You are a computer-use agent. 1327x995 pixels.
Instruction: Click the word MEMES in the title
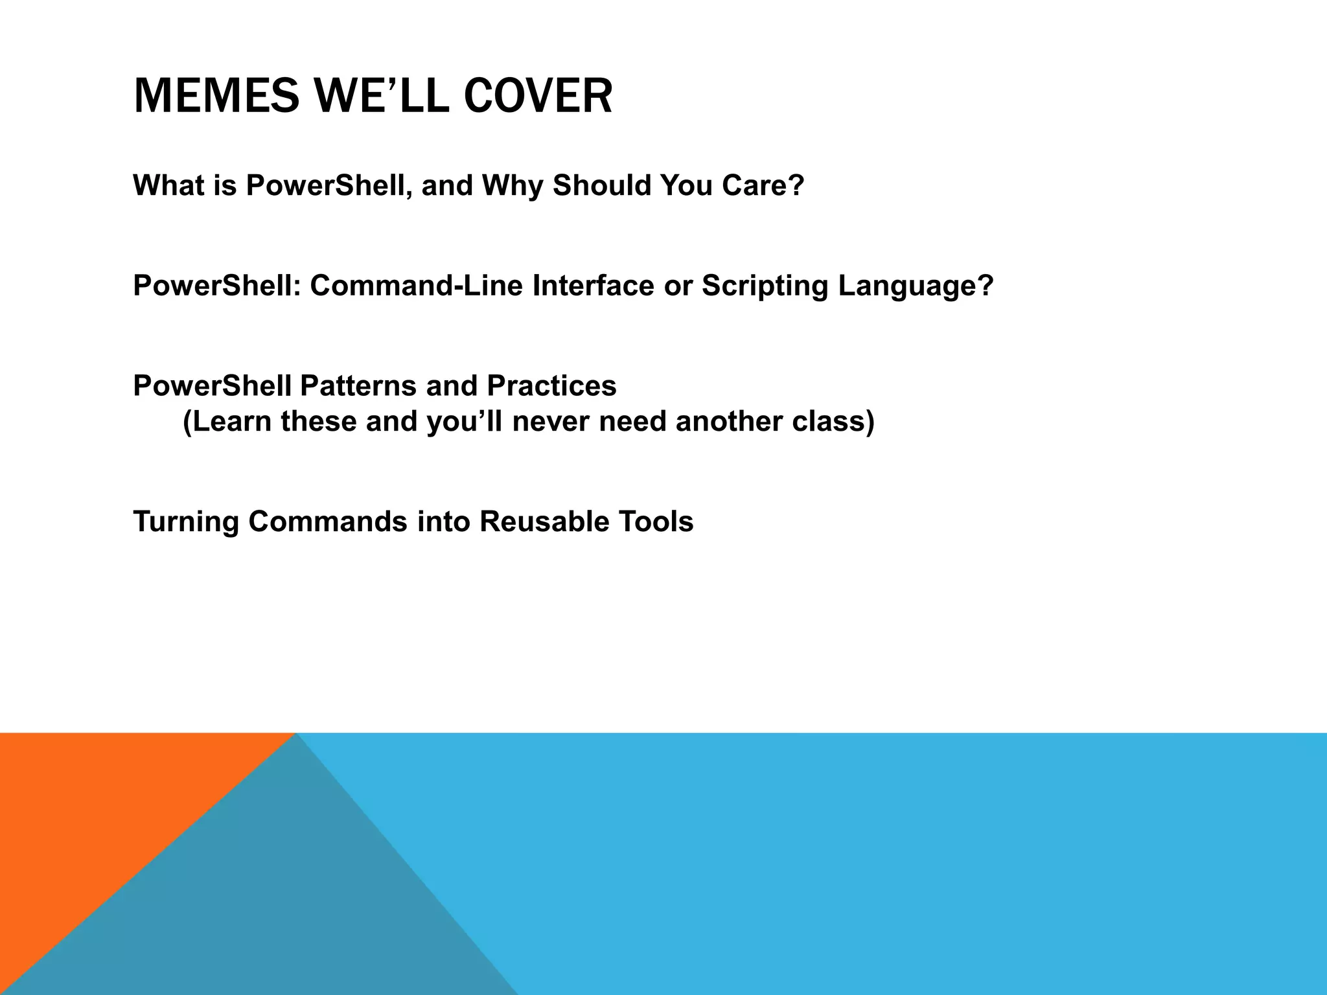pyautogui.click(x=216, y=96)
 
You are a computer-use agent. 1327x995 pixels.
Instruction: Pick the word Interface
pyautogui.click(x=594, y=286)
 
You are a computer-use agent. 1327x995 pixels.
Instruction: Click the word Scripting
pyautogui.click(x=765, y=286)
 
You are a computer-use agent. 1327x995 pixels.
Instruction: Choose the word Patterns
pyautogui.click(x=358, y=386)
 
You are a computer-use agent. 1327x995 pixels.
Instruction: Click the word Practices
pyautogui.click(x=551, y=386)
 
